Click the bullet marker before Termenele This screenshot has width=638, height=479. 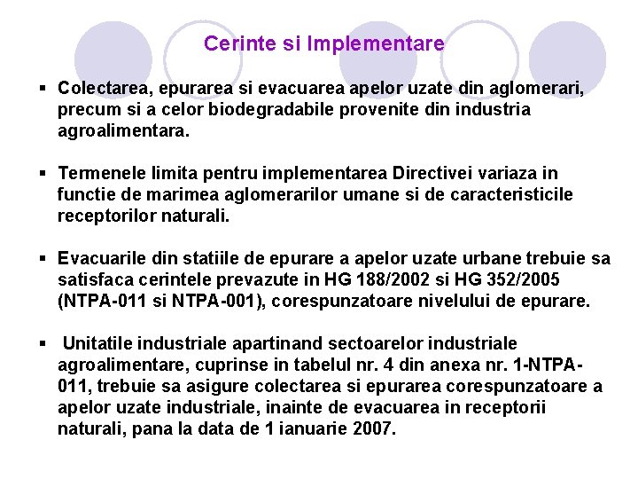click(43, 173)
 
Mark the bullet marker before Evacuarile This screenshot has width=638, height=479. click(43, 258)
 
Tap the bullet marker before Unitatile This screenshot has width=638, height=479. click(43, 343)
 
